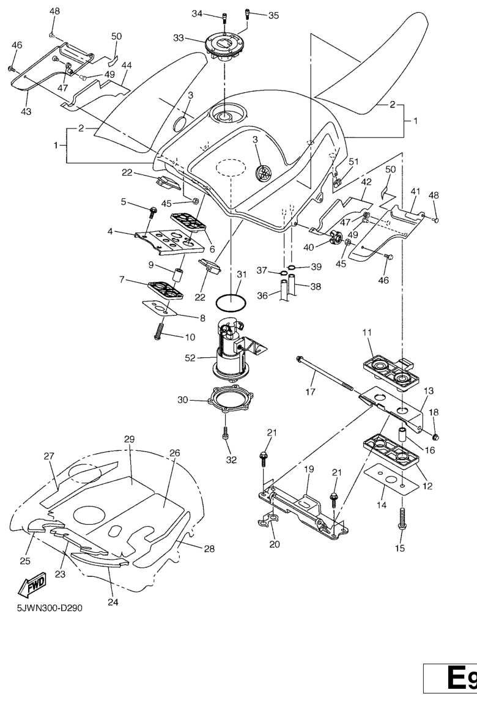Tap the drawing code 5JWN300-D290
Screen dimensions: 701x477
point(46,608)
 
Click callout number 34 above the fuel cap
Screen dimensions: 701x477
point(197,14)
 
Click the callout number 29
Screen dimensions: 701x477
point(129,440)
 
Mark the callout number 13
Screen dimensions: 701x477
point(428,390)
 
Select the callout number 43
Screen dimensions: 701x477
point(27,111)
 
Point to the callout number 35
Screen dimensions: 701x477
point(273,15)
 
